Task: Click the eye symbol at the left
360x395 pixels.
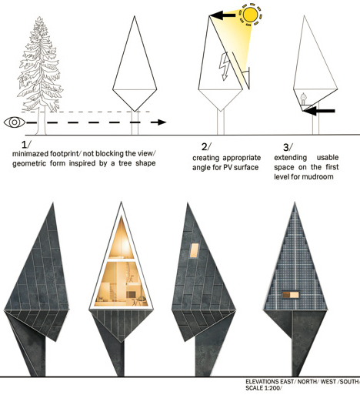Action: (15, 122)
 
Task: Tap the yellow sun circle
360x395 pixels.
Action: (250, 15)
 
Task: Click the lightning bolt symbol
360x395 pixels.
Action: (224, 66)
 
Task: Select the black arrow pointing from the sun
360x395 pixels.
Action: (222, 15)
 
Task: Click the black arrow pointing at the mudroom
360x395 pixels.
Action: (319, 111)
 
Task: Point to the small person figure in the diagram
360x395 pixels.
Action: (304, 99)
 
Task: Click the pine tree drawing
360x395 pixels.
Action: (39, 75)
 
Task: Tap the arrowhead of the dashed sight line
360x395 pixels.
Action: (162, 122)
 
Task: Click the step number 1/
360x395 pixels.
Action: (25, 145)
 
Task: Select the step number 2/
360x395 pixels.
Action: (206, 147)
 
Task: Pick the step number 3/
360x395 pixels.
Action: (288, 147)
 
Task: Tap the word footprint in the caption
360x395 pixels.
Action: (65, 154)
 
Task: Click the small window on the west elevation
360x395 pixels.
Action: (194, 250)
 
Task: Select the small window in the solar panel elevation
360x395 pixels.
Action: (291, 295)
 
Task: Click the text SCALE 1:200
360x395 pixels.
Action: (264, 388)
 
